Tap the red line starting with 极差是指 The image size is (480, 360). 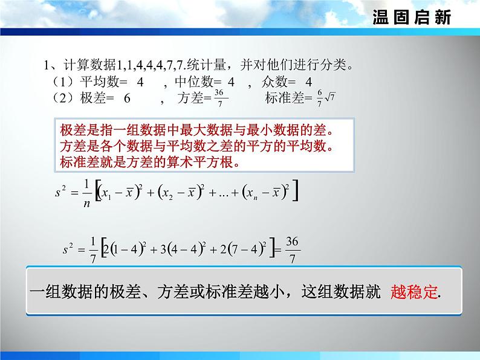tap(197, 130)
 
